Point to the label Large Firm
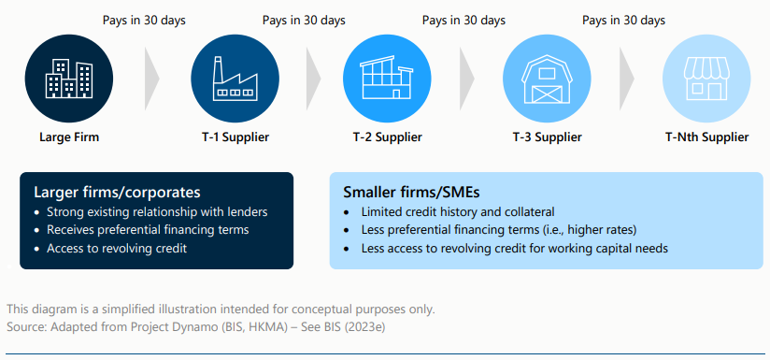tap(69, 137)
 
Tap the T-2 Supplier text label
tap(387, 137)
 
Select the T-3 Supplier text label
tap(547, 137)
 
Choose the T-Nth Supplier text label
tap(706, 137)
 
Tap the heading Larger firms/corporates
tap(104, 192)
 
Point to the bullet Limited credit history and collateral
tap(459, 211)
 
